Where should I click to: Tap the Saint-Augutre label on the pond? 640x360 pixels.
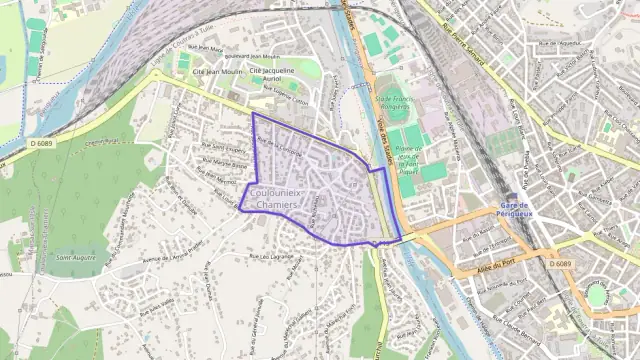[77, 257]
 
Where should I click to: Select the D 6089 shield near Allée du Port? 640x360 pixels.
[561, 263]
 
